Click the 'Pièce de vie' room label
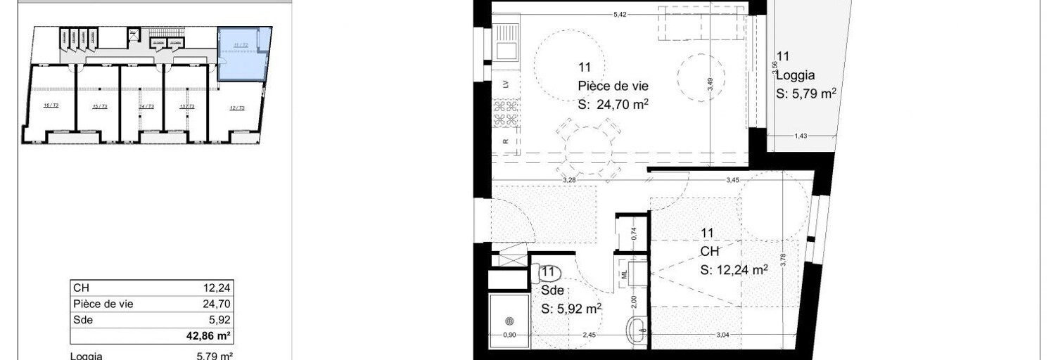(x=613, y=86)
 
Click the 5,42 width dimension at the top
(x=620, y=14)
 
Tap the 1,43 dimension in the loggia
(x=801, y=136)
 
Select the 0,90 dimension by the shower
(x=509, y=335)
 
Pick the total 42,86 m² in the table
(x=215, y=335)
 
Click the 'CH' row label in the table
(x=81, y=287)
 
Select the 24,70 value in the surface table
(x=217, y=304)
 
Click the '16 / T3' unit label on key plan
(x=51, y=105)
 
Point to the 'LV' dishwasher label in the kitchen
(x=506, y=84)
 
